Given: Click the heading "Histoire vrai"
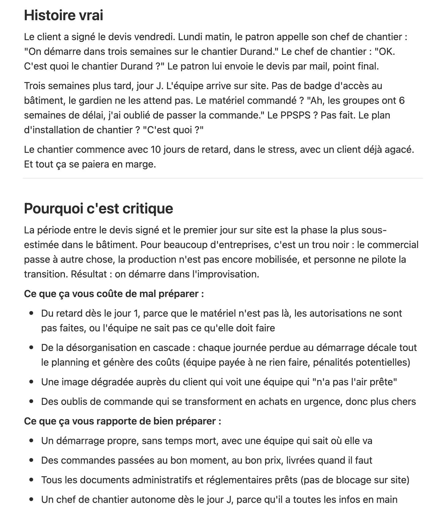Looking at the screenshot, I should pos(63,15).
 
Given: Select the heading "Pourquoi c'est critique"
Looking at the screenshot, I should pos(98,208).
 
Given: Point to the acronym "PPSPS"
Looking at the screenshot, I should pos(295,115).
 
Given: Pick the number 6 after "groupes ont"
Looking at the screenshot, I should pos(402,100).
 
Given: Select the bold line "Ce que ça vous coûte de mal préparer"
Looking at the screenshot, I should pos(114,294).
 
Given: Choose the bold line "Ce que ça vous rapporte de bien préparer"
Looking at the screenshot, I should pos(122,421).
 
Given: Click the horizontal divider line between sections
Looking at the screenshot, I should pos(223,178).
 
